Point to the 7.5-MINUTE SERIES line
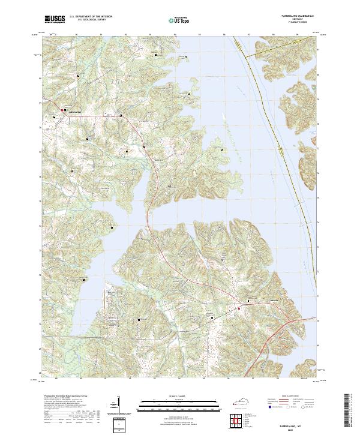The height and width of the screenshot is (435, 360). [x=293, y=23]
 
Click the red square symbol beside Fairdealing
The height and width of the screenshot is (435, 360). [x=64, y=110]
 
